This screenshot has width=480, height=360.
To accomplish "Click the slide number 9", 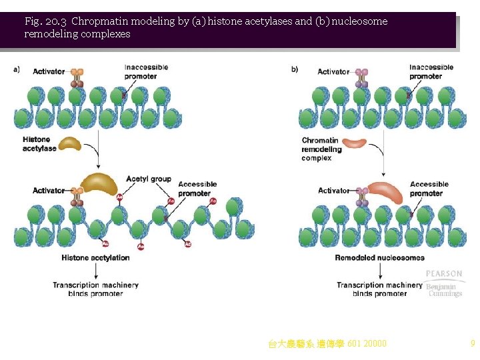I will [x=472, y=344].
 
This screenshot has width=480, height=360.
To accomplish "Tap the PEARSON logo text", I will [x=444, y=274].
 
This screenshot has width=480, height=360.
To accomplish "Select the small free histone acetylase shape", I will [x=69, y=143].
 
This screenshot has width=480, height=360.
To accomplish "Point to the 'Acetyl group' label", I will [x=148, y=179].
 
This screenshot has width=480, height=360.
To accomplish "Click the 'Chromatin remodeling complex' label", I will [x=321, y=149].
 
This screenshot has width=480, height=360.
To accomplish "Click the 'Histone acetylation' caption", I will [x=95, y=257].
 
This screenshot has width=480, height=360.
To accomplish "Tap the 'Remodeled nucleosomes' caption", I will [x=379, y=258].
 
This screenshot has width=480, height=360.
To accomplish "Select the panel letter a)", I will [x=17, y=69].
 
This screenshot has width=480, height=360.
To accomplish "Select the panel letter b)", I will [x=294, y=69].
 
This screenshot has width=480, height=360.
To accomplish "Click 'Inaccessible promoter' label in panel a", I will [x=146, y=71].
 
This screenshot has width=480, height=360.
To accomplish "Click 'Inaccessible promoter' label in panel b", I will [x=431, y=71].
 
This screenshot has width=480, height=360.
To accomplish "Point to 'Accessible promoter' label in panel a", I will [x=198, y=189].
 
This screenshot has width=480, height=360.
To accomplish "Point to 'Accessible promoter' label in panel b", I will [x=429, y=189].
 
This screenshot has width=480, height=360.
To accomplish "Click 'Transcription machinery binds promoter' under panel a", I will [x=95, y=289].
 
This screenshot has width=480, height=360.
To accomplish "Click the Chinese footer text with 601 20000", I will [x=327, y=344].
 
